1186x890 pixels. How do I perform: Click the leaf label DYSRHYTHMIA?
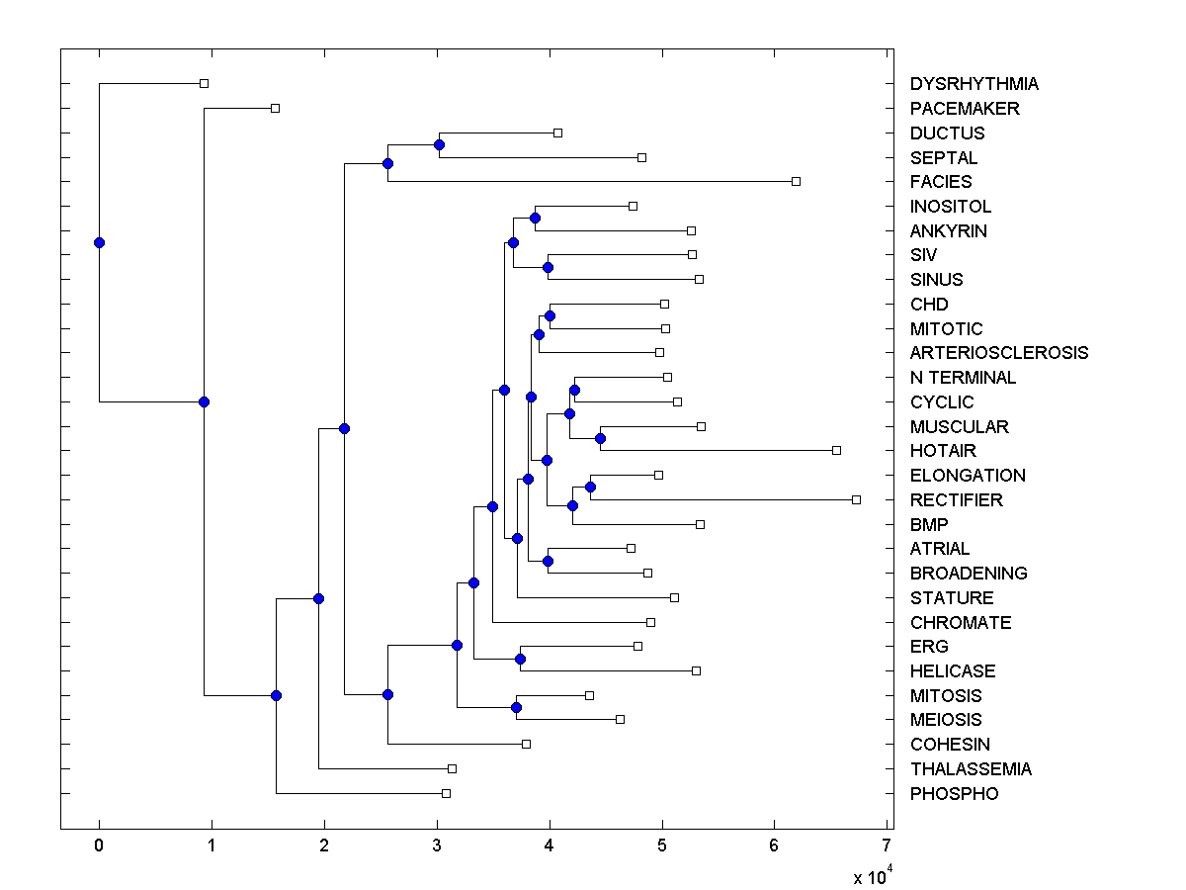(974, 84)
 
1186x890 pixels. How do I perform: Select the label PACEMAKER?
(965, 109)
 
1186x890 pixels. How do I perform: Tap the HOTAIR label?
(943, 451)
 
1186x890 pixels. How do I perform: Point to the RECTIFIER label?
(956, 500)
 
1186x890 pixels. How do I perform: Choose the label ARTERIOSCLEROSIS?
(998, 353)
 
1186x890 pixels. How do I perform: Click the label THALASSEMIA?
(971, 769)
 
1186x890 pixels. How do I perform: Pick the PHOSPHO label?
(954, 794)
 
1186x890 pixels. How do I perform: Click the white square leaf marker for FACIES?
(796, 181)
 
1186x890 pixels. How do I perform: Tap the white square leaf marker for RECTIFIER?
(856, 499)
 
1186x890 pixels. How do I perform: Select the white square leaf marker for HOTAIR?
(836, 450)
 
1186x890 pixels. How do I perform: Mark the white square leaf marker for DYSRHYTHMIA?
(204, 84)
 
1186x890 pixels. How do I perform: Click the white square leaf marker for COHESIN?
(526, 744)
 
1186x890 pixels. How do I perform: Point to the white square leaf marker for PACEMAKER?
(275, 108)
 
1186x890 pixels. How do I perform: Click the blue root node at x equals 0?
(99, 242)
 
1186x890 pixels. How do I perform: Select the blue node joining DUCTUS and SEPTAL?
(439, 144)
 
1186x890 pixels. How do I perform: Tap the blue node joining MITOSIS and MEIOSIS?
(516, 707)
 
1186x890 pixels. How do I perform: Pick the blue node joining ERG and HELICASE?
(520, 659)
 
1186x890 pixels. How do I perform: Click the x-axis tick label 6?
(774, 845)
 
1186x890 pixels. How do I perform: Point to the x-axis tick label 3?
(437, 845)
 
